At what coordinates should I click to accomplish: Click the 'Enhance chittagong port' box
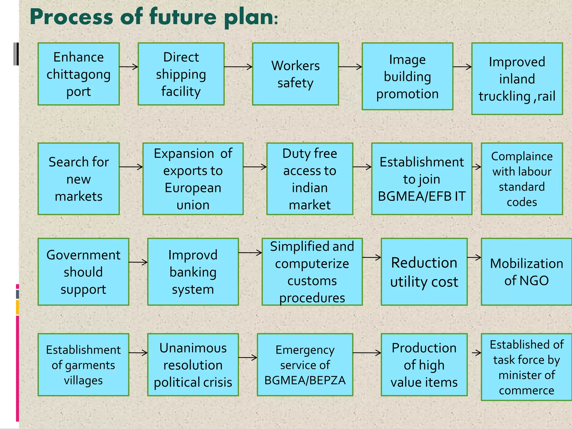point(78,74)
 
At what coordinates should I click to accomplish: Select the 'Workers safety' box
point(295,74)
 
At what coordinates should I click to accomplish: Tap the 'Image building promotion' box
point(407,76)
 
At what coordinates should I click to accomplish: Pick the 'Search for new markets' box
point(78,179)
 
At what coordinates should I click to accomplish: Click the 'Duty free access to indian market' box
point(309,179)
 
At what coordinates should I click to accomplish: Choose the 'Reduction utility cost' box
point(424,272)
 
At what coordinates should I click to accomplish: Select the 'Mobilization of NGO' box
point(526,272)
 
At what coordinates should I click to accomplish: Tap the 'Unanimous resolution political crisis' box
point(193,365)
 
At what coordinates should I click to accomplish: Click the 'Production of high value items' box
point(424,365)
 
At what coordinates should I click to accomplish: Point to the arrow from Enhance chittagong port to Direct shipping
point(129,67)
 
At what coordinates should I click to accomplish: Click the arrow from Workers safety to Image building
point(350,67)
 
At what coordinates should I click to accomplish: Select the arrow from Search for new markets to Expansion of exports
point(131,167)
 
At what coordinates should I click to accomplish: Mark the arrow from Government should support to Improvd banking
point(138,262)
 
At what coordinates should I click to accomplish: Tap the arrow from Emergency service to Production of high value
point(367,353)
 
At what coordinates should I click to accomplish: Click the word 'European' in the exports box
point(193,188)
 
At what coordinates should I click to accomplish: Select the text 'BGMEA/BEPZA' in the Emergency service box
point(305,380)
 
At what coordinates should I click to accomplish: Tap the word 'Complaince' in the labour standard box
point(522,156)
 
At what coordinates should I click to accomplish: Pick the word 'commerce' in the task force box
point(526,390)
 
